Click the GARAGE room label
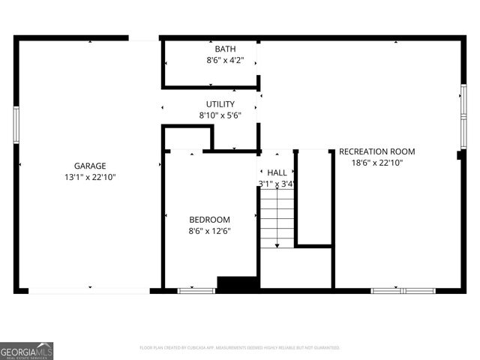point(89,166)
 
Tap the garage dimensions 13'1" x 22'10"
point(89,178)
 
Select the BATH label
point(225,49)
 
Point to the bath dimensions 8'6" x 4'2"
point(225,60)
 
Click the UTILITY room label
point(220,104)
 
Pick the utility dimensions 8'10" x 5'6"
point(220,115)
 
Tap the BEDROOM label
point(209,220)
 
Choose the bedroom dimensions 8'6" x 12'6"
point(209,231)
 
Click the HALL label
point(277,172)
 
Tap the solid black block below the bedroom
point(238,284)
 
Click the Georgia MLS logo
point(27,350)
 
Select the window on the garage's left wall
point(16,124)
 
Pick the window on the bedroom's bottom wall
point(196,290)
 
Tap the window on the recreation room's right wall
point(463,102)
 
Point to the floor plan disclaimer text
point(240,348)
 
